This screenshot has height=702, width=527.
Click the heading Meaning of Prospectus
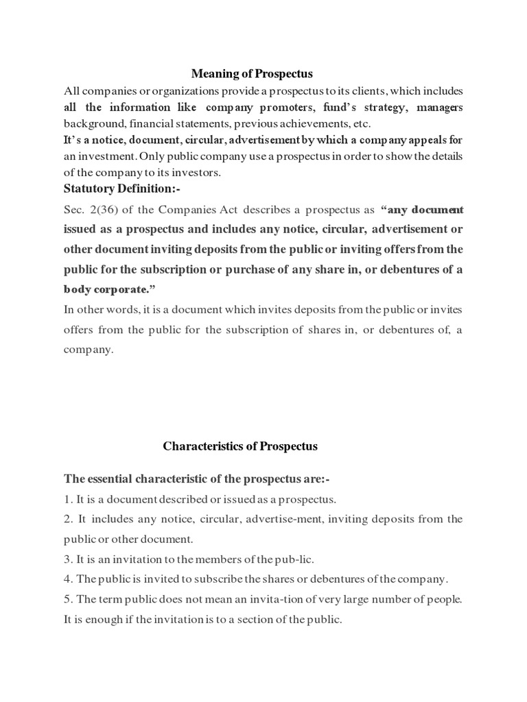point(251,73)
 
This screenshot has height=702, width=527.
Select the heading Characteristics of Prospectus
point(240,446)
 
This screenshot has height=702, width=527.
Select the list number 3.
point(67,559)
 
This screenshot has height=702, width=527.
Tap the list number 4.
point(67,579)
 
